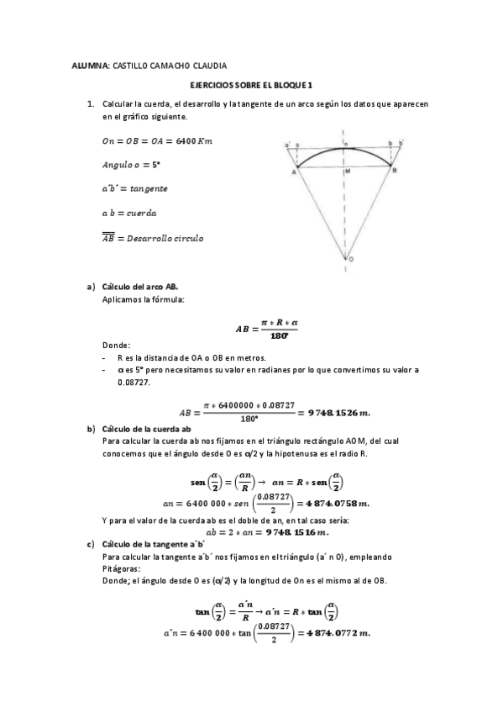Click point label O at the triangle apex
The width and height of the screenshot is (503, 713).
pyautogui.click(x=350, y=260)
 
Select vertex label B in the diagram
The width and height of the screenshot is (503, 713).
pyautogui.click(x=396, y=171)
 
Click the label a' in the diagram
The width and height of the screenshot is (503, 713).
pyautogui.click(x=287, y=144)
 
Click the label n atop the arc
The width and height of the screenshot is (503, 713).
pyautogui.click(x=346, y=144)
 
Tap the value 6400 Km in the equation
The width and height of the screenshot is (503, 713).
pyautogui.click(x=195, y=140)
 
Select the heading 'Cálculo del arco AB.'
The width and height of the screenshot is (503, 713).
pyautogui.click(x=139, y=287)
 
